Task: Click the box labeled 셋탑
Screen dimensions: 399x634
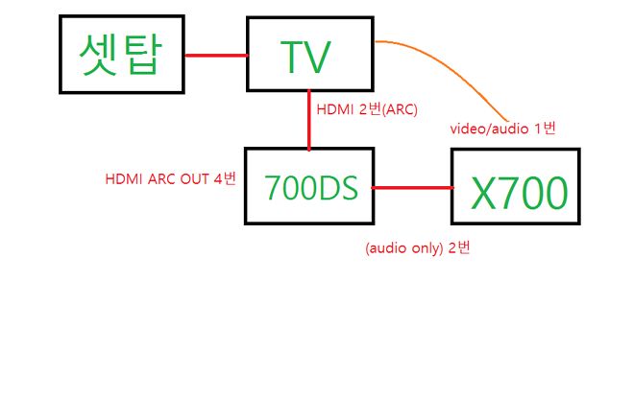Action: click(121, 55)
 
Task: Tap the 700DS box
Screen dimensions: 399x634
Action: click(308, 186)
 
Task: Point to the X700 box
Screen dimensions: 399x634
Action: click(516, 187)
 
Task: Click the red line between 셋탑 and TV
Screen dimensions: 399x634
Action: click(215, 55)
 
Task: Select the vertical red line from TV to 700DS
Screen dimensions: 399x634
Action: click(308, 120)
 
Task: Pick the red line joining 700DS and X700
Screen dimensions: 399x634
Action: click(411, 188)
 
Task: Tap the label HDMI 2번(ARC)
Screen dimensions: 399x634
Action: click(366, 109)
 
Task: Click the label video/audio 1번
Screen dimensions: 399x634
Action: click(502, 129)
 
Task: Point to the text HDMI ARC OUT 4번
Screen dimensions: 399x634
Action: click(171, 178)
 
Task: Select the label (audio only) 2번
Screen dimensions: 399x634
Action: click(417, 248)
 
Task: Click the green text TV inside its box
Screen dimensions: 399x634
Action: click(307, 58)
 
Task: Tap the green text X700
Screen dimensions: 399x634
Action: click(519, 194)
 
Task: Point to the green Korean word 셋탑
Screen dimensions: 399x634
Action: click(121, 55)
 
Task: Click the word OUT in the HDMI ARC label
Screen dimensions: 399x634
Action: click(197, 178)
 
